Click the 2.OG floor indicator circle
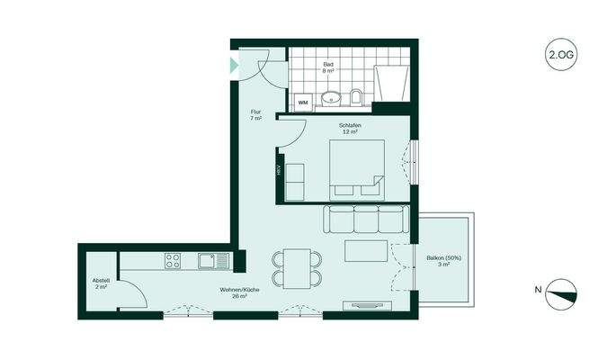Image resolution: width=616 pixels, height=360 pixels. coord(560,55)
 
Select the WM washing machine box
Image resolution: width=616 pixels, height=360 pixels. coord(302,103)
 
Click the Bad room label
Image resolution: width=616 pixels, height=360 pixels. coord(328,68)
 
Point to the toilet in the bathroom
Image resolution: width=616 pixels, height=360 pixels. coord(356,96)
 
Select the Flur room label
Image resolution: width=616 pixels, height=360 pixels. coord(255,115)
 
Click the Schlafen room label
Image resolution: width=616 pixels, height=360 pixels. coord(350,129)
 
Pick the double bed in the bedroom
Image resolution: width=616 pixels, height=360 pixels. coord(356,168)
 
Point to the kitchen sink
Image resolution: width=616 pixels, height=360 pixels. coord(210,261)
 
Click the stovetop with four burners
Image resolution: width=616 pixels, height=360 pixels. coord(173,261)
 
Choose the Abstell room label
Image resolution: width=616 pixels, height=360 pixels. coord(101,283)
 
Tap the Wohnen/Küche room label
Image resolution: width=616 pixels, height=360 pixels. coord(239,292)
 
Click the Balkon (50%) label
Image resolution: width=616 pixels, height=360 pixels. coord(443,263)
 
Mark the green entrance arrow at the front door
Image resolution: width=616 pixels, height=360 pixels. coord(235,66)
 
